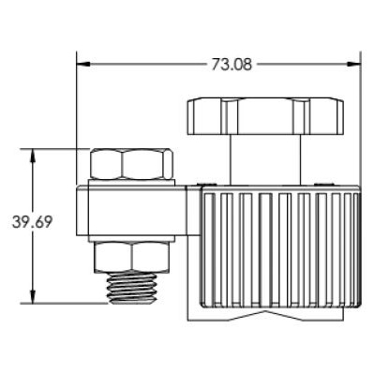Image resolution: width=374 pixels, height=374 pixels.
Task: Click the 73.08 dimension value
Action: click(x=232, y=65)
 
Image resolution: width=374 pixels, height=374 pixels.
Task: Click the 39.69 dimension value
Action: click(x=32, y=222)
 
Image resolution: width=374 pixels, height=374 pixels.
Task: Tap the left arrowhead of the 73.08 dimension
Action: click(x=83, y=65)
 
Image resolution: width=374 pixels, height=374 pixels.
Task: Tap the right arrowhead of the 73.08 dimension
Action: click(x=354, y=65)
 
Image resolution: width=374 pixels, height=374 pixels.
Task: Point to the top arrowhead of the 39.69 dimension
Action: click(x=33, y=156)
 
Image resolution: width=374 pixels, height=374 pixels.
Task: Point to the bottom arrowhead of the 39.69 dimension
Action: click(x=33, y=296)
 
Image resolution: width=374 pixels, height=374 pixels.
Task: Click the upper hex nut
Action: click(x=131, y=164)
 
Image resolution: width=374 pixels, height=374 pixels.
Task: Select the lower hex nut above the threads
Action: click(x=132, y=256)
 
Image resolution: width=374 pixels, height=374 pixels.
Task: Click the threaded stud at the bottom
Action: click(x=131, y=288)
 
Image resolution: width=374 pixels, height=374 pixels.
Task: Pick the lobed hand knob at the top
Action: click(x=265, y=116)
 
